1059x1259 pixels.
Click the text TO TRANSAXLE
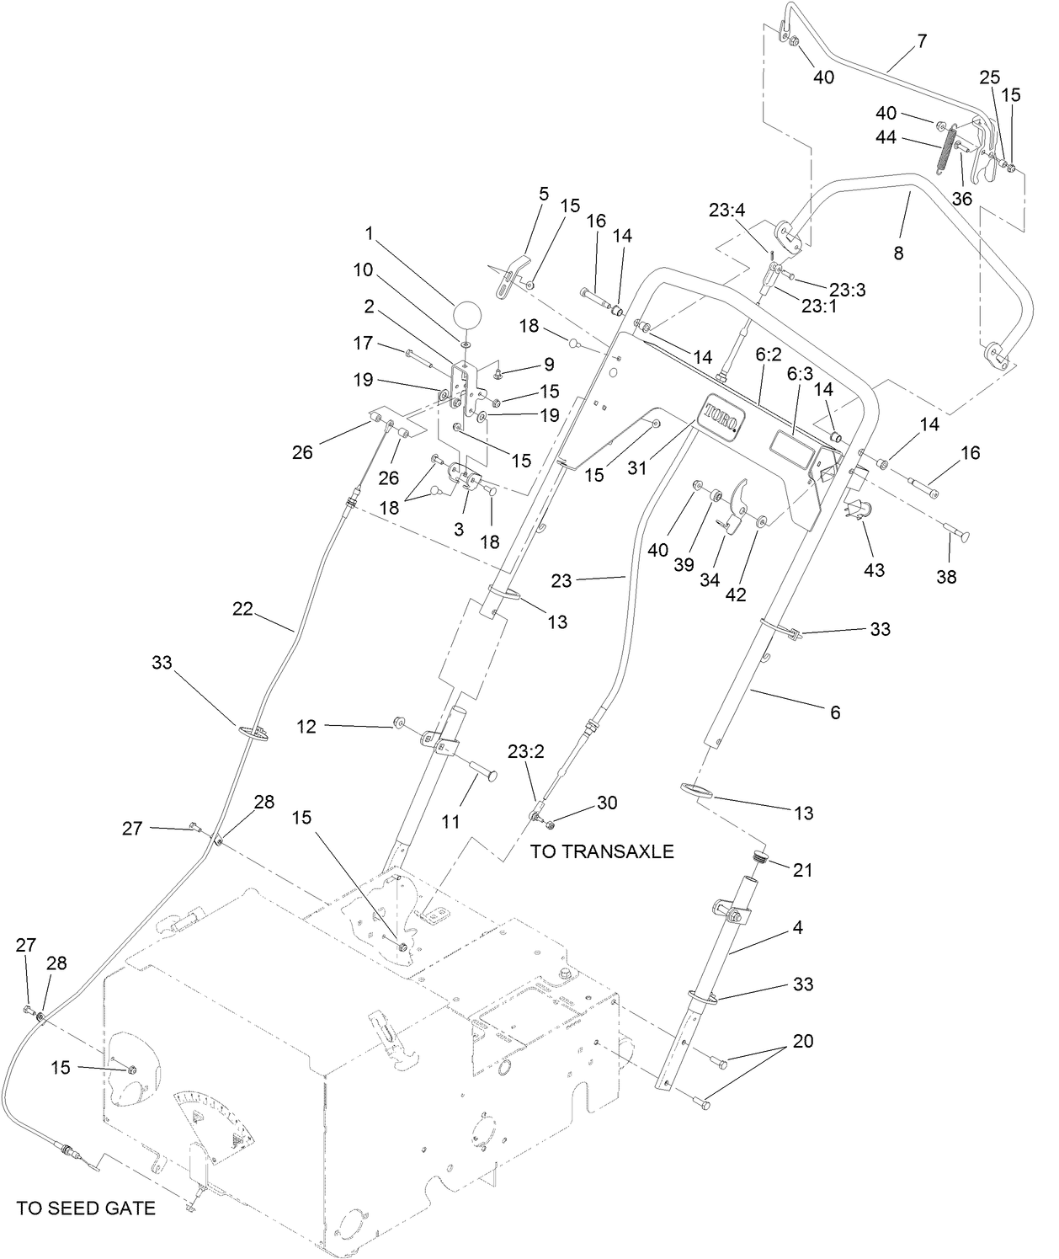[x=602, y=851]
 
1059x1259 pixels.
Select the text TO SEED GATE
[x=86, y=1208]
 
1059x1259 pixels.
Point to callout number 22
[x=242, y=609]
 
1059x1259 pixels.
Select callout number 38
[x=946, y=577]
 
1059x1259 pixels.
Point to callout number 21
[x=803, y=869]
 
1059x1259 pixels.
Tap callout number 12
[x=307, y=725]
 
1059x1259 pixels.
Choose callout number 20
[x=803, y=1041]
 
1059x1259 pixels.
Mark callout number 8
[x=898, y=252]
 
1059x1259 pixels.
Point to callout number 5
[x=543, y=195]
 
